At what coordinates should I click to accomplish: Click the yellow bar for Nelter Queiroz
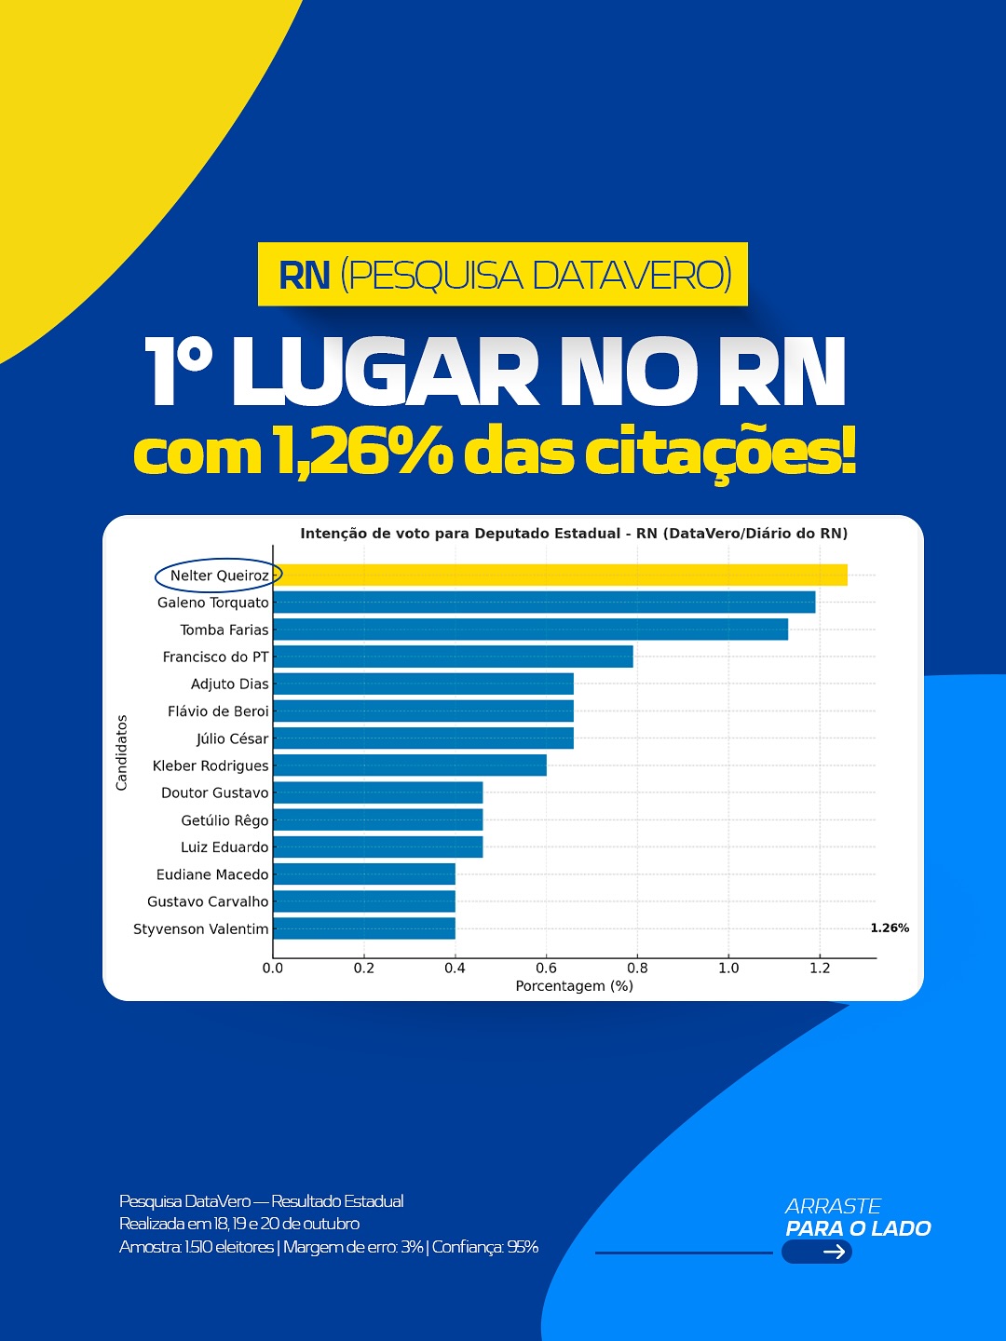(560, 575)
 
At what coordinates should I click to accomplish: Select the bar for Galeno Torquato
(544, 602)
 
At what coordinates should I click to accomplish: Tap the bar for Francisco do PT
(453, 657)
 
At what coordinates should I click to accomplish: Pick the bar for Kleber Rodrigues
(410, 765)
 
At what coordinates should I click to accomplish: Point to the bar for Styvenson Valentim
(364, 928)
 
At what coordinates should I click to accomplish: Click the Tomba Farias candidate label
(224, 630)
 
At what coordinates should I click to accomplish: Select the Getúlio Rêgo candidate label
(224, 820)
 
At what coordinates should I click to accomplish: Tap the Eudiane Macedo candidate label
(212, 874)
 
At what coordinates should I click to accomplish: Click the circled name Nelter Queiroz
(219, 576)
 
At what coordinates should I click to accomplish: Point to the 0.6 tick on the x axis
(546, 968)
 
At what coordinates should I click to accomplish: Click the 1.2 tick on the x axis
(820, 968)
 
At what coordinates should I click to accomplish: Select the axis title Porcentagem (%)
(574, 986)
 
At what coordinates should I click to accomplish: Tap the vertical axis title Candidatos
(121, 752)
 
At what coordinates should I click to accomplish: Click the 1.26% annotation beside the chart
(890, 928)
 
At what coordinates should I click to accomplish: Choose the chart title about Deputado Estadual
(574, 534)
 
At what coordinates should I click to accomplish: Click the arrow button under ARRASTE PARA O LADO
(817, 1252)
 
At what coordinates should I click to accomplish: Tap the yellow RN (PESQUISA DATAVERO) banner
(503, 275)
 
